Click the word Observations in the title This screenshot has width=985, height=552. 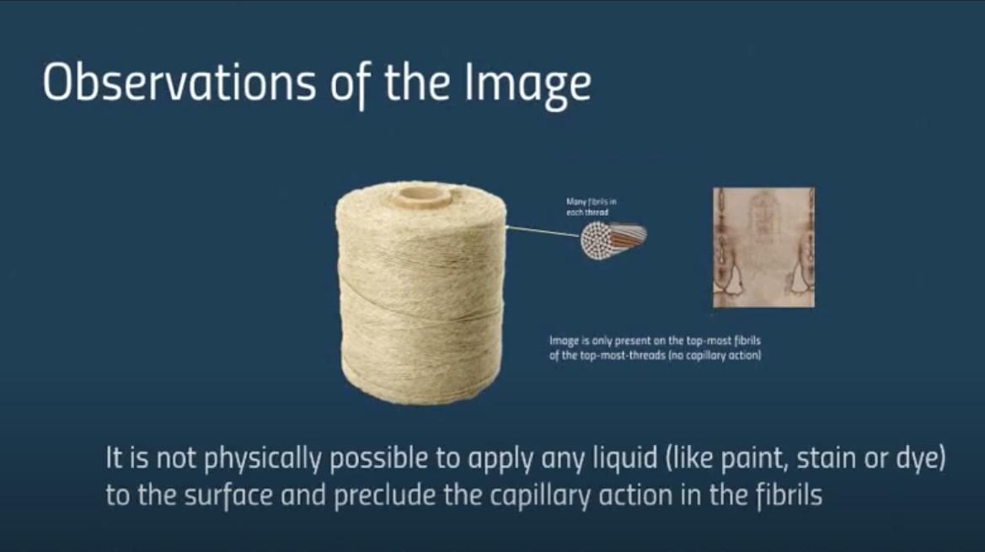click(179, 83)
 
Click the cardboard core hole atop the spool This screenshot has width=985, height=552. click(421, 197)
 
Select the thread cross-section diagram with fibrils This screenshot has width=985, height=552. click(613, 240)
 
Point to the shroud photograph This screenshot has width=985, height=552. click(764, 248)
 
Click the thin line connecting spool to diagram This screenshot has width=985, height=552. click(543, 231)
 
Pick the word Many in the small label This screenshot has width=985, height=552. click(576, 202)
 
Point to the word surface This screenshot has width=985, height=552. click(228, 495)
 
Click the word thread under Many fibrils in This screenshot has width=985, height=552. click(597, 212)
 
